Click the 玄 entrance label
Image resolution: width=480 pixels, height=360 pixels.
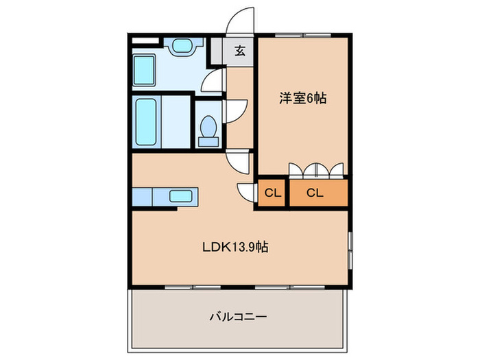(240, 50)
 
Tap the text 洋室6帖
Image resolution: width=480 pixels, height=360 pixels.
(302, 98)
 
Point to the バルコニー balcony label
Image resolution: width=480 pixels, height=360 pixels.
(237, 317)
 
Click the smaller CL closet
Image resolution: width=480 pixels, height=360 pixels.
(272, 193)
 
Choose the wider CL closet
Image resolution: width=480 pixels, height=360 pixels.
(315, 193)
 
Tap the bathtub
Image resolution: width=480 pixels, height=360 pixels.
(145, 122)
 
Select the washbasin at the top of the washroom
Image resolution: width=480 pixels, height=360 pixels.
(183, 47)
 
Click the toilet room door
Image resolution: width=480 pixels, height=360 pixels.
(235, 110)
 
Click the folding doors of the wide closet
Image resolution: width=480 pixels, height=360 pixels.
(316, 169)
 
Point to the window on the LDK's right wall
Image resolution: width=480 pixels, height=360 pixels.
(350, 250)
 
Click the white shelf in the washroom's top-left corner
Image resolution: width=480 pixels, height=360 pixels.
(145, 40)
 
